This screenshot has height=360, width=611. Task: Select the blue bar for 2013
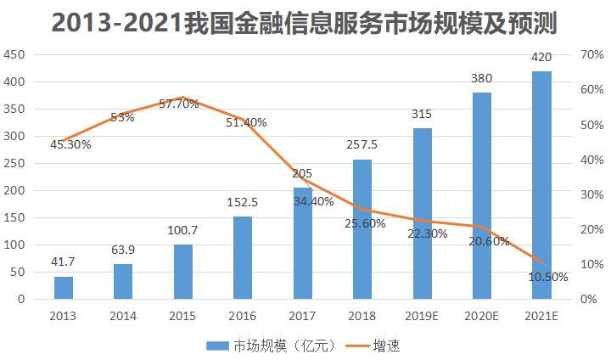point(64,288)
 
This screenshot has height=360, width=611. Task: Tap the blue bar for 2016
point(243,258)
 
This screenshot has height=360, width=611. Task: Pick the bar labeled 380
point(482,195)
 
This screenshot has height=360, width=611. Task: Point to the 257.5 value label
point(362,144)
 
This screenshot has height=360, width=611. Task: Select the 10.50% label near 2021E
point(548,277)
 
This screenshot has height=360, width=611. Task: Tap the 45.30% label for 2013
point(70,144)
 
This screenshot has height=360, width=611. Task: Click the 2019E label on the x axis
point(422,316)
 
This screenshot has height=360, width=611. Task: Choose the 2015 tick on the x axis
point(183,316)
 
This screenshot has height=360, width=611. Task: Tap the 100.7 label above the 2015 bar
point(183,231)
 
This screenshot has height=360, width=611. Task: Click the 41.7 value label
point(64,263)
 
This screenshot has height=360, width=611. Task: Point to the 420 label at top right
point(541,58)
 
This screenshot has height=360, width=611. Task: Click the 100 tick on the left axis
point(14,245)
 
